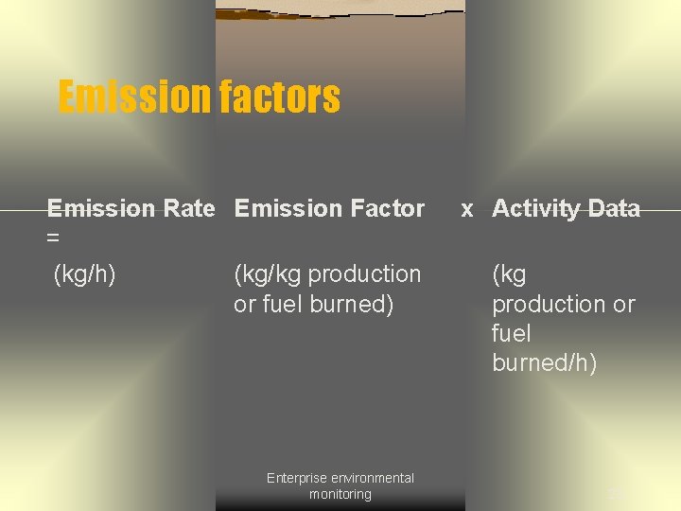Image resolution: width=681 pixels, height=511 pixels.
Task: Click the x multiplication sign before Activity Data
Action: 467,209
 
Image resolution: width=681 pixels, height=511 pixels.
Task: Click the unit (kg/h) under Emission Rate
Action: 84,274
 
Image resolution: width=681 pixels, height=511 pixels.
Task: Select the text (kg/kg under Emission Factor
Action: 268,274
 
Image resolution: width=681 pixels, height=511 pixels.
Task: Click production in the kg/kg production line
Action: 365,274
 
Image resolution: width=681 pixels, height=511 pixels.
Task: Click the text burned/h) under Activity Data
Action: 544,363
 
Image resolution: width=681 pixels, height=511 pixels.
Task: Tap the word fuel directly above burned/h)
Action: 511,333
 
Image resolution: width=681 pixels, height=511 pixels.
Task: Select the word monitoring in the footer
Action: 340,494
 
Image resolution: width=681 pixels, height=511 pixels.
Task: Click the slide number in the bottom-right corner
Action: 616,492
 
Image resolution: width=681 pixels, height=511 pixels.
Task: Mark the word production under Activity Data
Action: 550,305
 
